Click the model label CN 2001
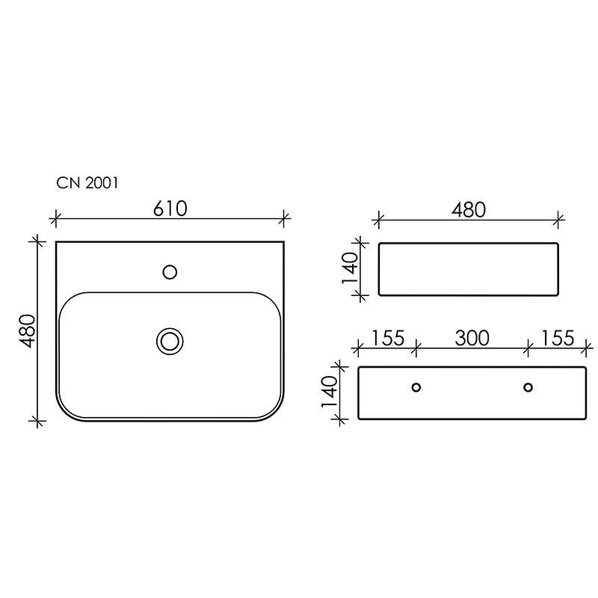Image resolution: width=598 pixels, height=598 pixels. coord(87,183)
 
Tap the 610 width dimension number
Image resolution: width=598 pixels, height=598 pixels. coord(170,209)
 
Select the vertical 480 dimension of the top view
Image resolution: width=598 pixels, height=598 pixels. coord(28,331)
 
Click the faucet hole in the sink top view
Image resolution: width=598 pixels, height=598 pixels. coord(170,272)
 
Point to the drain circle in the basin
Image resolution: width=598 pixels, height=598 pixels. coord(170,342)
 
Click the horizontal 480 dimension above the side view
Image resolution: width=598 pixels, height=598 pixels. coord(469,210)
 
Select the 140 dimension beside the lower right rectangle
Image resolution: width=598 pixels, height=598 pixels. coord(330,392)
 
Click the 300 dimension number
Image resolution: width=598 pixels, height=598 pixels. coord(472,339)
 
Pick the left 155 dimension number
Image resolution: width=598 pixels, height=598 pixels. coord(388,339)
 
